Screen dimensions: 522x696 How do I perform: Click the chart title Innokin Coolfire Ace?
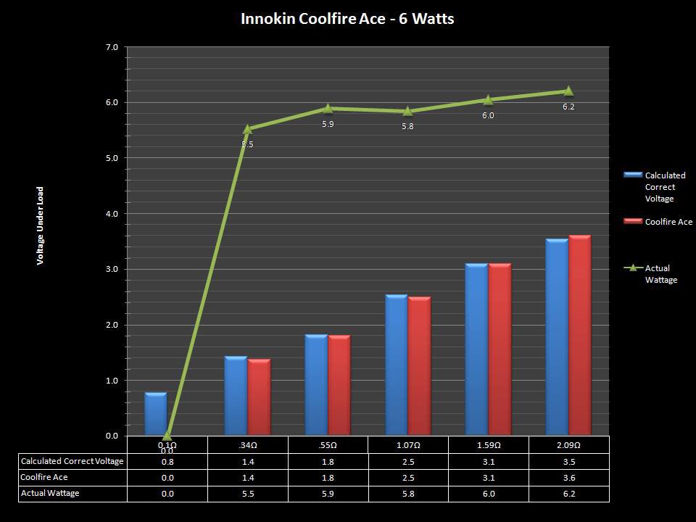click(x=347, y=19)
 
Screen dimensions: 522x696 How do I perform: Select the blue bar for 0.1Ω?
click(x=156, y=414)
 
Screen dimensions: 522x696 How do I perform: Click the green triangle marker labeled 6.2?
click(x=568, y=91)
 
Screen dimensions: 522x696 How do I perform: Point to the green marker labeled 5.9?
click(x=328, y=108)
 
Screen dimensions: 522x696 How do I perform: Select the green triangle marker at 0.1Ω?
click(x=167, y=436)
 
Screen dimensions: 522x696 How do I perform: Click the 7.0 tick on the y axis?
click(x=112, y=47)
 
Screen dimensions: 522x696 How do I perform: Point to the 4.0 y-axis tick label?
click(x=112, y=214)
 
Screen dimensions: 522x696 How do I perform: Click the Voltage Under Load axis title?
click(x=41, y=225)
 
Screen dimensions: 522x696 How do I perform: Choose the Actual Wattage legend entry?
click(x=657, y=274)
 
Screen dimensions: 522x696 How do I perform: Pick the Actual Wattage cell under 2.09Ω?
click(x=568, y=493)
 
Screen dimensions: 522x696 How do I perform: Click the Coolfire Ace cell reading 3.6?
click(x=568, y=477)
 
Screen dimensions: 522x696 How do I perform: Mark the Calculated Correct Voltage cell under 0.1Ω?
click(x=167, y=461)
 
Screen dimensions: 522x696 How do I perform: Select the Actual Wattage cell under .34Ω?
click(x=247, y=493)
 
